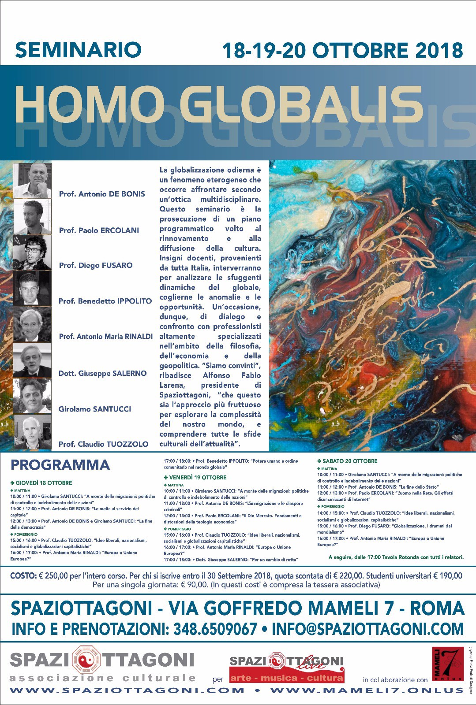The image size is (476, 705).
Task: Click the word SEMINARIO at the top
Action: (x=78, y=50)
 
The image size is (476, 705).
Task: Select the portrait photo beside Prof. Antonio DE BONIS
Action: (x=32, y=181)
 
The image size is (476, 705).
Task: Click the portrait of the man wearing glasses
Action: (x=32, y=252)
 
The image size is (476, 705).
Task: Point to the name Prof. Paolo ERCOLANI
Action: (x=99, y=230)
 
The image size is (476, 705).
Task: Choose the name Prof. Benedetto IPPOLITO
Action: (x=105, y=301)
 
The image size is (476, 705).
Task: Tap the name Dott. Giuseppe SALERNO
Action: (x=102, y=374)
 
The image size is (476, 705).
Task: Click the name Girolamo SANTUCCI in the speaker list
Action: (x=95, y=409)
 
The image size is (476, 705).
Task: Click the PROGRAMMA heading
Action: (x=60, y=465)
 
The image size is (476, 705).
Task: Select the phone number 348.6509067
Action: (x=215, y=629)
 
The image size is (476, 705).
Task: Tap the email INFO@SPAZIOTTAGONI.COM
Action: (x=367, y=629)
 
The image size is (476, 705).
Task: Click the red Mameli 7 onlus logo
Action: (x=447, y=664)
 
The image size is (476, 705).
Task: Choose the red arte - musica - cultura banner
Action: (x=286, y=678)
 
